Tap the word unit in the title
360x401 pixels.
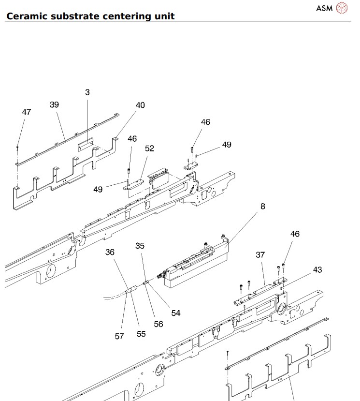163,16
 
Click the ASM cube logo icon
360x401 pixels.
342,8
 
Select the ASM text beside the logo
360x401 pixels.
324,8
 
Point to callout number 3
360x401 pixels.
87,92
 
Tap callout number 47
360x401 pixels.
27,112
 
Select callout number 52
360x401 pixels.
150,149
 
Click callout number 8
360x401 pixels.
263,207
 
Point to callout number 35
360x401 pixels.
140,246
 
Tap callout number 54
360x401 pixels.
176,313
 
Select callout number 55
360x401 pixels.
141,333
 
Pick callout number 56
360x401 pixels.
158,324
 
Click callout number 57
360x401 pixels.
119,336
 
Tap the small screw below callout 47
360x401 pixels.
17,147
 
